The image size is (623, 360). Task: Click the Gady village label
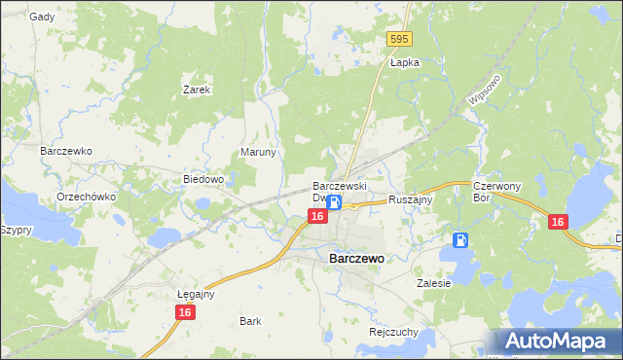click(42, 17)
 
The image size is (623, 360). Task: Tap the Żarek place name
click(198, 89)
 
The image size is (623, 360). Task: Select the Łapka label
click(404, 62)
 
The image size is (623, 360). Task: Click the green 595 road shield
click(399, 39)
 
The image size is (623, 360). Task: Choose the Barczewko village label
click(65, 152)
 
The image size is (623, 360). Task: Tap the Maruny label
click(259, 153)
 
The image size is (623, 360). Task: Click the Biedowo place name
click(204, 179)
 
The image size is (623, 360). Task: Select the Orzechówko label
click(87, 196)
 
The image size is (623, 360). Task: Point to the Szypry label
click(18, 230)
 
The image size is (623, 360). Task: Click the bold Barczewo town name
click(355, 259)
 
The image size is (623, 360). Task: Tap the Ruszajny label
click(410, 198)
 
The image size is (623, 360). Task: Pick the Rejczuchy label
click(393, 331)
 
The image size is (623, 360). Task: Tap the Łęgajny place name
click(196, 293)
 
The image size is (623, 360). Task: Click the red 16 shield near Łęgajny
click(184, 311)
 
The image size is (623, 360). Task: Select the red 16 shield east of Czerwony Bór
click(557, 222)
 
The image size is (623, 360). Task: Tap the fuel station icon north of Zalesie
click(460, 239)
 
